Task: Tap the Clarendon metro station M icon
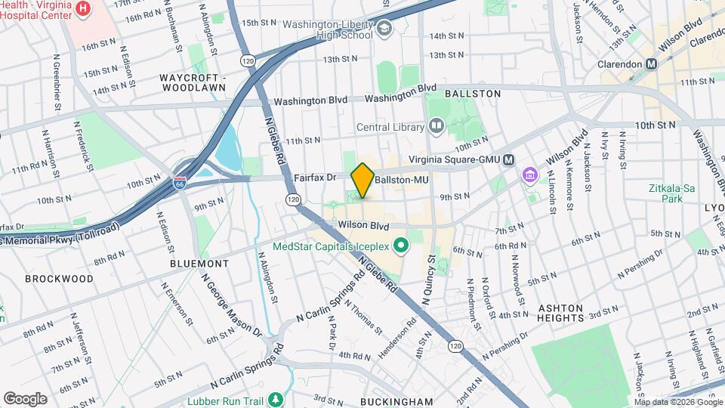click(651, 64)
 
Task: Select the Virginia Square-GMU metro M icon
click(509, 159)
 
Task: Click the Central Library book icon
click(436, 126)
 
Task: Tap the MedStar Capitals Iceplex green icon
click(401, 244)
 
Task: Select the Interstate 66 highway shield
click(180, 182)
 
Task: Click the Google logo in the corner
click(25, 398)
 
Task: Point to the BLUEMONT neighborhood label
click(199, 264)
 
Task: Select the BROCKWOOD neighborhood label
click(59, 279)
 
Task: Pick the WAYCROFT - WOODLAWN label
click(193, 83)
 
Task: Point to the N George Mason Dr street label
click(230, 301)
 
